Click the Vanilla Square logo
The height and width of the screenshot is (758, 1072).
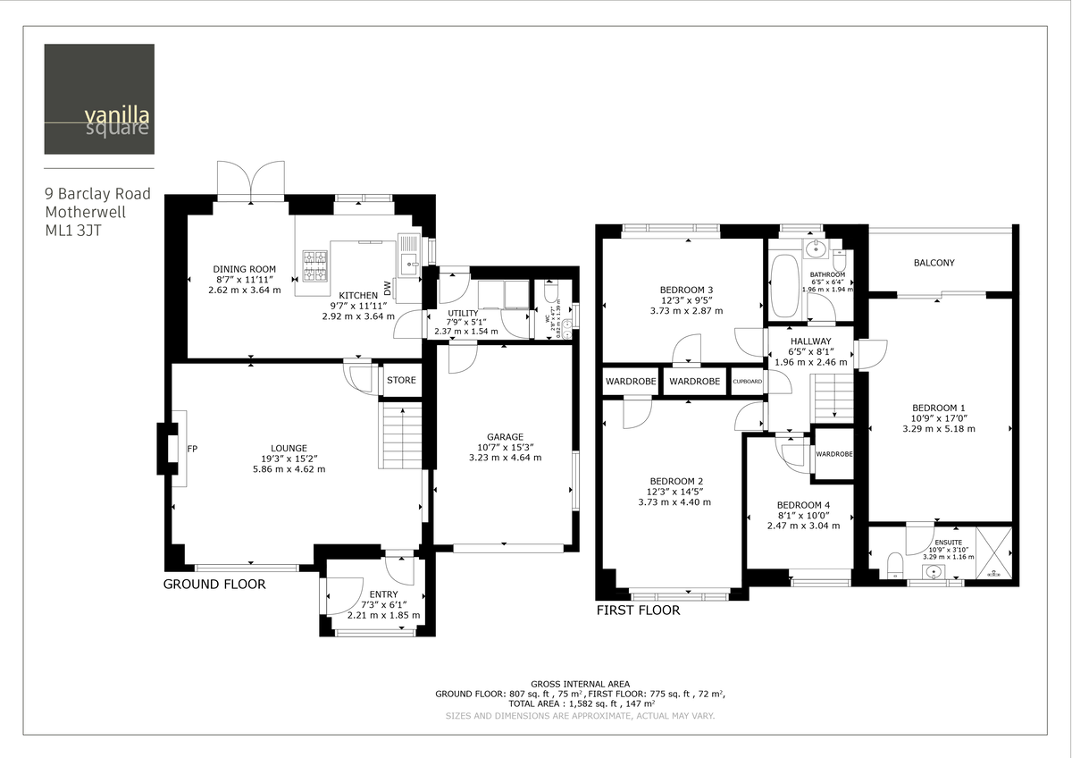tap(99, 99)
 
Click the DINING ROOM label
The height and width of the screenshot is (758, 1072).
tap(244, 269)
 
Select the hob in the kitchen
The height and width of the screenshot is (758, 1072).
tap(316, 265)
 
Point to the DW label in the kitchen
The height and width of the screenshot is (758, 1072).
tap(387, 289)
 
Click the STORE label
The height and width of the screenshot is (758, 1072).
tap(401, 380)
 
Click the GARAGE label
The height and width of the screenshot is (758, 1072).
tap(505, 437)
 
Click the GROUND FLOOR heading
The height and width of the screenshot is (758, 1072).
tap(214, 585)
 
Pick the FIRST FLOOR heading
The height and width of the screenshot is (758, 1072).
tap(638, 611)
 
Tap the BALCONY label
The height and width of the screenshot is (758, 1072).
tap(934, 263)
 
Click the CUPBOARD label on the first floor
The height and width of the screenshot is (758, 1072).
tap(748, 382)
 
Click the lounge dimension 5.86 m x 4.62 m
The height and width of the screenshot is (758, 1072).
tap(289, 469)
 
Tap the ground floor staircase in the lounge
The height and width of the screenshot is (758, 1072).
tap(401, 435)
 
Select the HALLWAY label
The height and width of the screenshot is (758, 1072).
tap(810, 341)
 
